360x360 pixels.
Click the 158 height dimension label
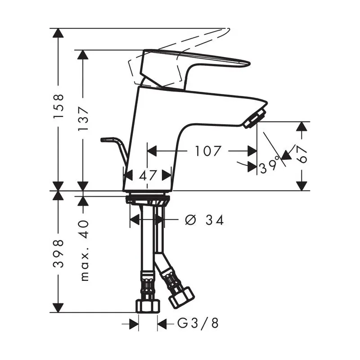click(x=58, y=106)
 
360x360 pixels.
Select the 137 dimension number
click(x=83, y=119)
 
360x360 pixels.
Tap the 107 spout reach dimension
click(x=208, y=151)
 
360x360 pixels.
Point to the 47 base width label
click(x=148, y=175)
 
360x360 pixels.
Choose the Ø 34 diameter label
click(x=204, y=220)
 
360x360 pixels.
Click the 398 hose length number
click(x=58, y=253)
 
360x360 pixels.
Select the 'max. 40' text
click(x=85, y=251)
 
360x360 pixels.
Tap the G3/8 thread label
click(x=198, y=324)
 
